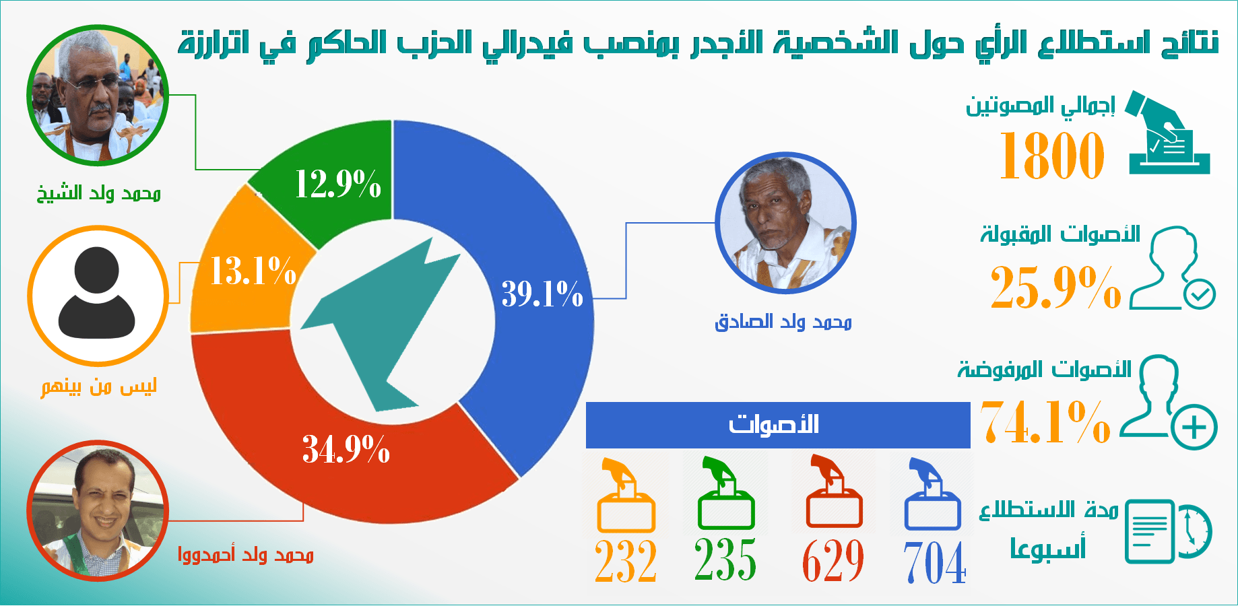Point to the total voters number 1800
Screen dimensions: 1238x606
tap(1052, 156)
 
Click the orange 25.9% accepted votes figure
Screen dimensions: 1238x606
tap(1055, 288)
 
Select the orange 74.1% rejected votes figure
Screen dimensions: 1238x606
tap(1045, 422)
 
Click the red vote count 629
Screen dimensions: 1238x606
tap(833, 560)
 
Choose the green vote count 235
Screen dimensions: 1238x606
tap(725, 559)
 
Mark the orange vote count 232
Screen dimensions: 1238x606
tap(626, 561)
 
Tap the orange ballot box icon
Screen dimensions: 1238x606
tap(626, 495)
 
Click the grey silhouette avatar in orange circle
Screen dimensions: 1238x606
tap(98, 296)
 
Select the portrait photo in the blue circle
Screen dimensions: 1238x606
tap(785, 223)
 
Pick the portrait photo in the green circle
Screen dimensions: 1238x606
tap(98, 96)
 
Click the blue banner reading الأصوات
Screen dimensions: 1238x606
tap(778, 425)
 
